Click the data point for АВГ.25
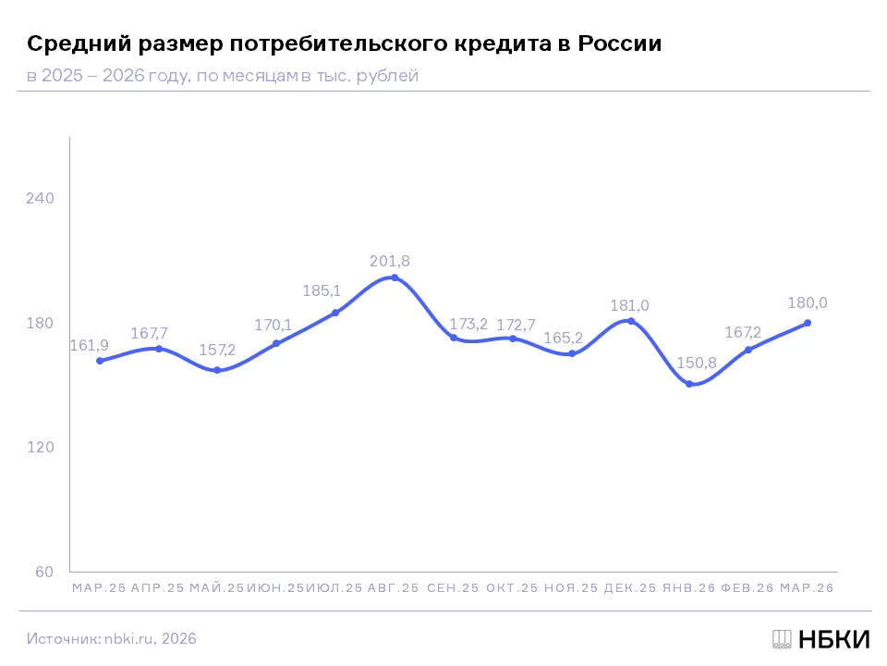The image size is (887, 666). tap(395, 277)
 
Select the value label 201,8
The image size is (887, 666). tap(390, 261)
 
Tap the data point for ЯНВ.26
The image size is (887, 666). tap(689, 384)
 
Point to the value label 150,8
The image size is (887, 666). tap(697, 363)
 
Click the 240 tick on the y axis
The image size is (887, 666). tap(40, 198)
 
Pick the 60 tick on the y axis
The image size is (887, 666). tap(44, 572)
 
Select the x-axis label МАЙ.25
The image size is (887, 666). tap(216, 588)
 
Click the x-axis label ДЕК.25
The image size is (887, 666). tap(630, 588)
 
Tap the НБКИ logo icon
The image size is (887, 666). tap(782, 639)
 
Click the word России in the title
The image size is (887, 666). tap(619, 43)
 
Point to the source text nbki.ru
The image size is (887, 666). tap(128, 639)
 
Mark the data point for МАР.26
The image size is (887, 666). tap(808, 323)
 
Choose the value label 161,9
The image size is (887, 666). tap(90, 345)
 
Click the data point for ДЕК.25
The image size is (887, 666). tap(631, 321)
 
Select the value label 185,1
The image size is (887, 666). tap(322, 291)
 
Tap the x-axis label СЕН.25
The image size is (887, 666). tap(453, 588)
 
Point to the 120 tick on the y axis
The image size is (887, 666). tap(40, 448)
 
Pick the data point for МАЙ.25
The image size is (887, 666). tap(217, 370)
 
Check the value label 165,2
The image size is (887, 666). tap(564, 339)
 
